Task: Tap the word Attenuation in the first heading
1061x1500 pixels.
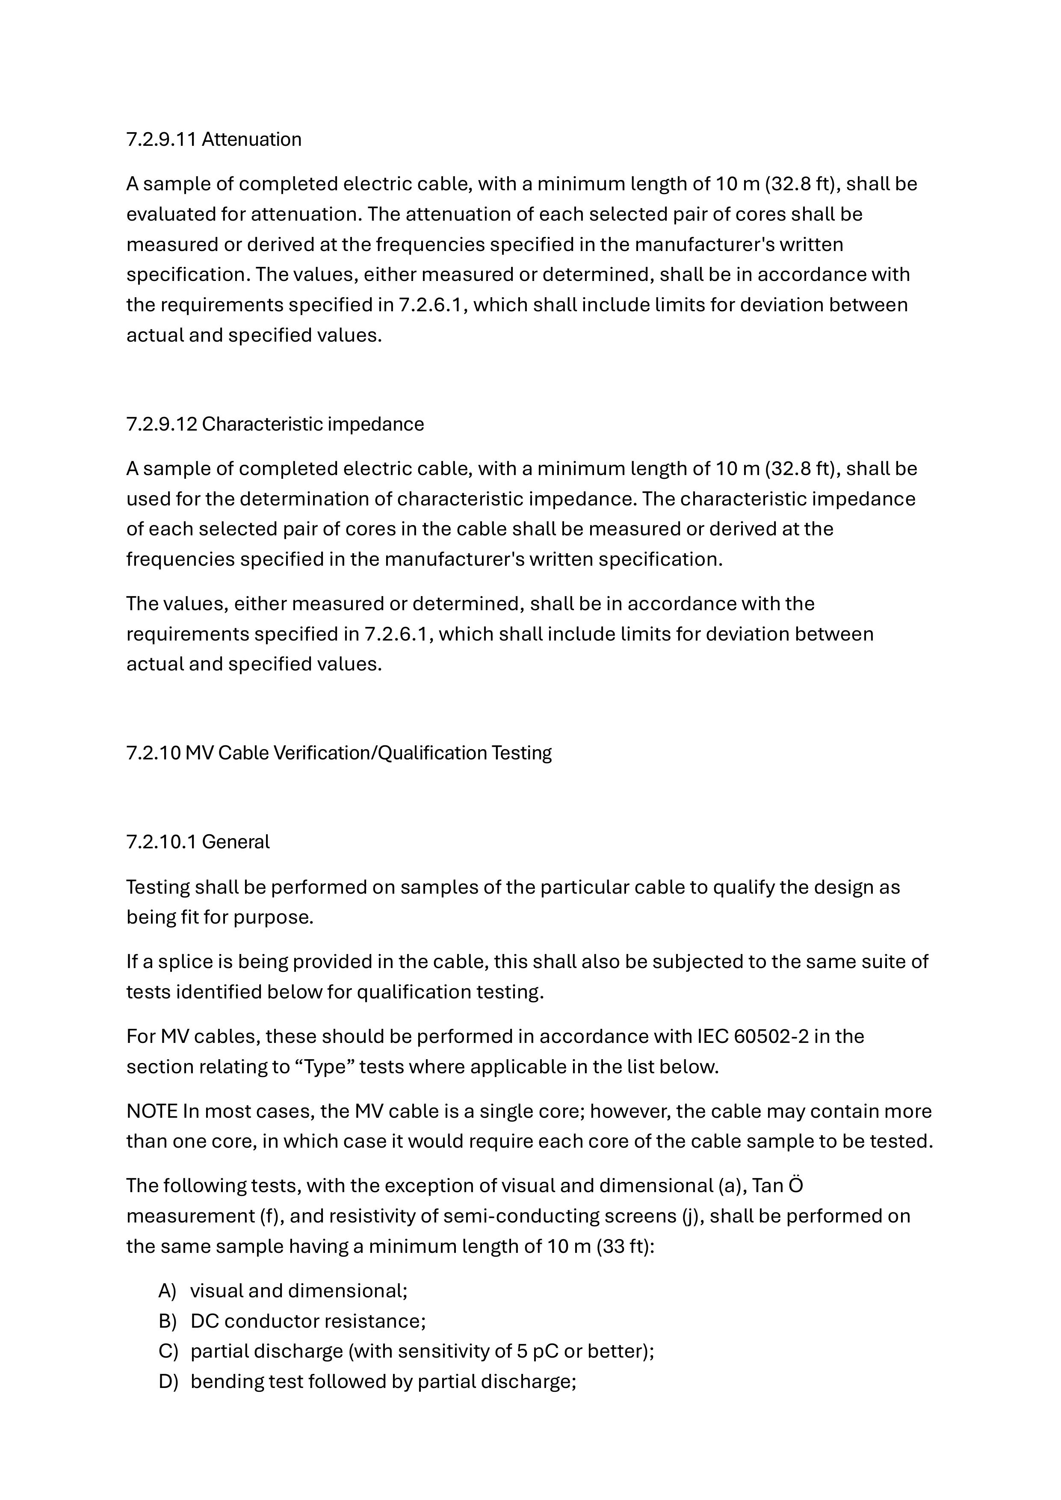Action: pyautogui.click(x=251, y=140)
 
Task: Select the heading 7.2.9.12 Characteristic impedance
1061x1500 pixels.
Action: pyautogui.click(x=275, y=425)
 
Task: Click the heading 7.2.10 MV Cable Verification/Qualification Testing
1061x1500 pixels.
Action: pyautogui.click(x=338, y=753)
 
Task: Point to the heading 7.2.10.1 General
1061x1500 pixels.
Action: pyautogui.click(x=197, y=842)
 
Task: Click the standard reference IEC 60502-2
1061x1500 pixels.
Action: pyautogui.click(x=753, y=1037)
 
